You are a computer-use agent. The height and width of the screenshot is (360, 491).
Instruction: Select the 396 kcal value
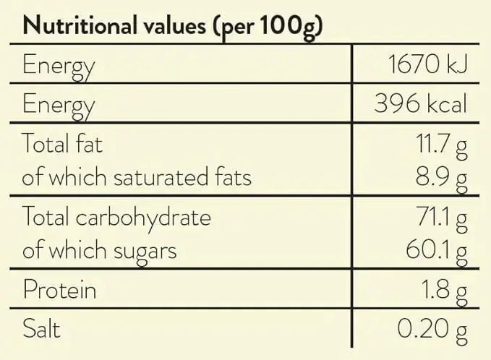[420, 104]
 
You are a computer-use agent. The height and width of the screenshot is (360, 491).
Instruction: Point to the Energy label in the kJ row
[59, 67]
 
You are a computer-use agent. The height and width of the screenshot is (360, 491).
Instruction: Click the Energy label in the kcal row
[59, 106]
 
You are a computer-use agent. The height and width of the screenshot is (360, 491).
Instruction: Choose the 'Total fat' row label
[63, 143]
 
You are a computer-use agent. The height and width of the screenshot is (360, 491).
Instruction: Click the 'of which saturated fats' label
[137, 176]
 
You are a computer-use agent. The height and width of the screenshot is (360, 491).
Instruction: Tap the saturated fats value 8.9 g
[442, 178]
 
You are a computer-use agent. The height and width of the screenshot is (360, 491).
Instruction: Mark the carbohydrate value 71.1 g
[442, 217]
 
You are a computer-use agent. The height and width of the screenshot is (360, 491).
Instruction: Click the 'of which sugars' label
[100, 251]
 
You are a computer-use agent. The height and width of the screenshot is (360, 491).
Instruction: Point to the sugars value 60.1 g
[437, 251]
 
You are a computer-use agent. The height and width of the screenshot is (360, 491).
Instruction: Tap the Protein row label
[59, 290]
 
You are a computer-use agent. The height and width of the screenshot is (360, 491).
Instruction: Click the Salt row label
[41, 329]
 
